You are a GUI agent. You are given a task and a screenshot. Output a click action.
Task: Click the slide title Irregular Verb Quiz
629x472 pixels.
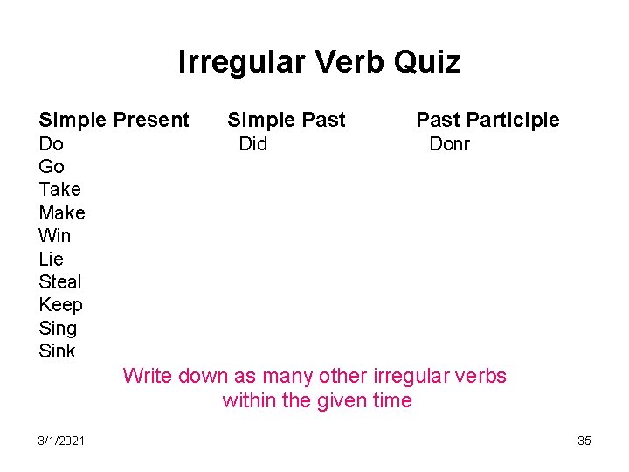[x=319, y=62]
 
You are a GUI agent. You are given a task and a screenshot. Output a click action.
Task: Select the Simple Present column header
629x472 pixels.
[x=114, y=120]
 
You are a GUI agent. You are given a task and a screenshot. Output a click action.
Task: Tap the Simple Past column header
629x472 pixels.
[x=287, y=120]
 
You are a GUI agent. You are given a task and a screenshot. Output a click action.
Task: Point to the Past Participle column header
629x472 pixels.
[x=487, y=120]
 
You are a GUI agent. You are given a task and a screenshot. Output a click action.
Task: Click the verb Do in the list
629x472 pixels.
[x=51, y=143]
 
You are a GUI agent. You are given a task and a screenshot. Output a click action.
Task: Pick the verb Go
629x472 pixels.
[x=52, y=166]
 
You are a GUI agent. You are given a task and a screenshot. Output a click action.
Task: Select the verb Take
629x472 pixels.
[x=59, y=190]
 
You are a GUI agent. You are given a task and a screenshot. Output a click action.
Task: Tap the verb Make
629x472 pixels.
[x=62, y=212]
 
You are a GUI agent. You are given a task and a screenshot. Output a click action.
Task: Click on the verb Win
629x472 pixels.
[x=55, y=236]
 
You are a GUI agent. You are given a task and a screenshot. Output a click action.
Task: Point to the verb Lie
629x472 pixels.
[x=52, y=259]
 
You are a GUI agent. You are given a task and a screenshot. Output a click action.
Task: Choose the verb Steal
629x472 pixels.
[x=60, y=281]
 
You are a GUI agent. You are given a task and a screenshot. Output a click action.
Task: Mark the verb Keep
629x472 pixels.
[x=61, y=305]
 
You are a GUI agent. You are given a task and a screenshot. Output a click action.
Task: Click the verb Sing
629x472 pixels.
[x=58, y=328]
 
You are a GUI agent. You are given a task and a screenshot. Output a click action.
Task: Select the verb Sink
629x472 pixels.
[x=58, y=351]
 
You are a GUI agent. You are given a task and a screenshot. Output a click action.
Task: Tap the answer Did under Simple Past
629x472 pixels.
[x=253, y=143]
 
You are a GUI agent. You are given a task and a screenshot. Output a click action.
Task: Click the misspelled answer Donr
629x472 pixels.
[x=449, y=143]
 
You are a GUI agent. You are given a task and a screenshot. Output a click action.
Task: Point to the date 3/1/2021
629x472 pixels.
[x=61, y=441]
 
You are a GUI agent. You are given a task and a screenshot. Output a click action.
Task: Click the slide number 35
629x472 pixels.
[x=584, y=441]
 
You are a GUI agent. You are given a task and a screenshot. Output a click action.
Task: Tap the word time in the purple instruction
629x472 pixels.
[x=391, y=400]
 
